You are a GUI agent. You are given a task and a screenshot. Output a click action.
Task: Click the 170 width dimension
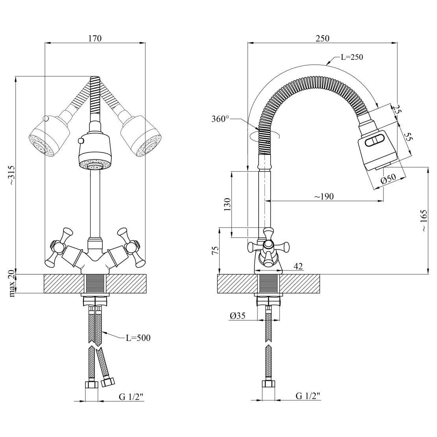click(95, 38)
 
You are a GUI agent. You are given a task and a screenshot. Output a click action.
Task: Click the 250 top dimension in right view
click(322, 38)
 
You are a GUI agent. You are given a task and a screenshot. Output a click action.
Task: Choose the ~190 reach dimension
click(324, 196)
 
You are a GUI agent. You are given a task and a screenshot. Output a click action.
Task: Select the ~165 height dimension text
click(423, 220)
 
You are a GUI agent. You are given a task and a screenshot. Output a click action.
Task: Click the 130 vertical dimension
click(227, 205)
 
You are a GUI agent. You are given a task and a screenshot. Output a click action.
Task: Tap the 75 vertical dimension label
click(215, 250)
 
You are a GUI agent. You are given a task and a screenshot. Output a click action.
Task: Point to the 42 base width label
click(298, 267)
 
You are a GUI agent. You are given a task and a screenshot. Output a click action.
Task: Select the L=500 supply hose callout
click(138, 338)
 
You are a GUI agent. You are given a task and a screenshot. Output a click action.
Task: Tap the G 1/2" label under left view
click(131, 396)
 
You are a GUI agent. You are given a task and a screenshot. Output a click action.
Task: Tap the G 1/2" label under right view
click(308, 396)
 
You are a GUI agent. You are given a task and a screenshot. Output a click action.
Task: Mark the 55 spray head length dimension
click(408, 137)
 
